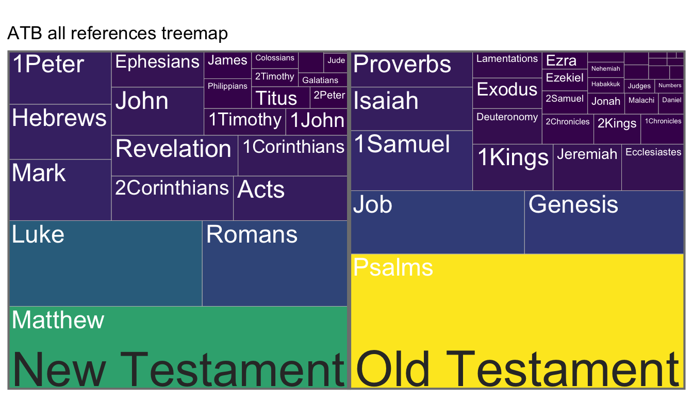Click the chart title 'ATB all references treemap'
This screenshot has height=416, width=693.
[x=118, y=34]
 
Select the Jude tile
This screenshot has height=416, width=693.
[x=335, y=62]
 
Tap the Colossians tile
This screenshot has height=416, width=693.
[x=275, y=60]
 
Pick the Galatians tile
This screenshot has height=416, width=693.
[x=323, y=80]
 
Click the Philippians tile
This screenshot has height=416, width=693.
[x=227, y=93]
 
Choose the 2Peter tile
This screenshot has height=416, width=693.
[x=328, y=98]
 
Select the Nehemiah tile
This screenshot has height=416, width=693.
[x=605, y=70]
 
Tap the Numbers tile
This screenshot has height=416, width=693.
[x=669, y=86]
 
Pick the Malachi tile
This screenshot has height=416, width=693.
[x=641, y=103]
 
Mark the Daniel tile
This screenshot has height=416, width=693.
[x=671, y=103]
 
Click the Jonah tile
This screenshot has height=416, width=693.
[x=606, y=103]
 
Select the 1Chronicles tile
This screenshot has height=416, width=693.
[x=662, y=129]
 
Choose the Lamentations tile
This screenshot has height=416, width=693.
[x=507, y=65]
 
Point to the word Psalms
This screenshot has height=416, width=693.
[x=393, y=267]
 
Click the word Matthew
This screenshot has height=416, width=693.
[x=58, y=320]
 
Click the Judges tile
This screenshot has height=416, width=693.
[x=639, y=86]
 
